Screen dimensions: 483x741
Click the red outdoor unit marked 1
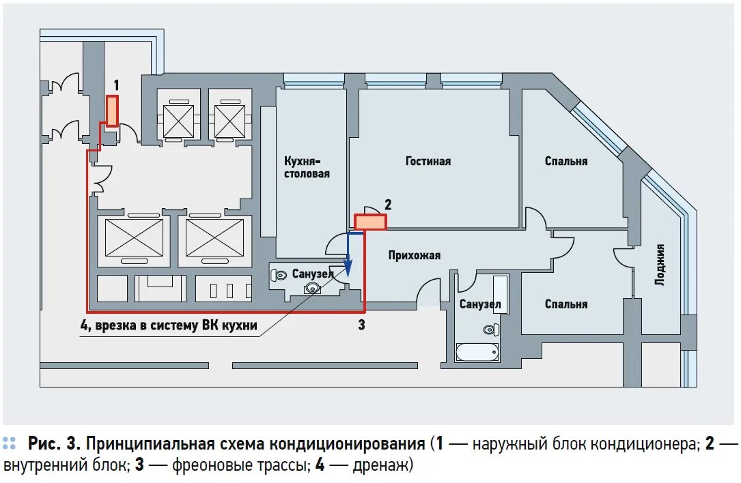(x=111, y=111)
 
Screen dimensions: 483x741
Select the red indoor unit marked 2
(x=370, y=222)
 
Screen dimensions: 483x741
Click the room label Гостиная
(x=428, y=162)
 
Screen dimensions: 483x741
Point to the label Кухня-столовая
(x=307, y=168)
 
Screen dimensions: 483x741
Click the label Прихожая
(x=415, y=255)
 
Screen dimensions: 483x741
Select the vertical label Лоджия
(x=659, y=265)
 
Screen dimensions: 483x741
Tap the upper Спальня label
(x=566, y=162)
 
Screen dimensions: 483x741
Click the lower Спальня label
(x=566, y=304)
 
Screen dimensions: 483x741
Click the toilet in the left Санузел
(x=279, y=275)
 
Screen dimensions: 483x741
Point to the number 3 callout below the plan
(x=362, y=325)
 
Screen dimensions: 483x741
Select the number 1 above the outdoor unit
(x=116, y=85)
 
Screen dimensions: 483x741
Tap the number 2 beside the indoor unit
(x=388, y=204)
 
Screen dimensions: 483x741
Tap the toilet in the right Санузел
(x=489, y=330)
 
